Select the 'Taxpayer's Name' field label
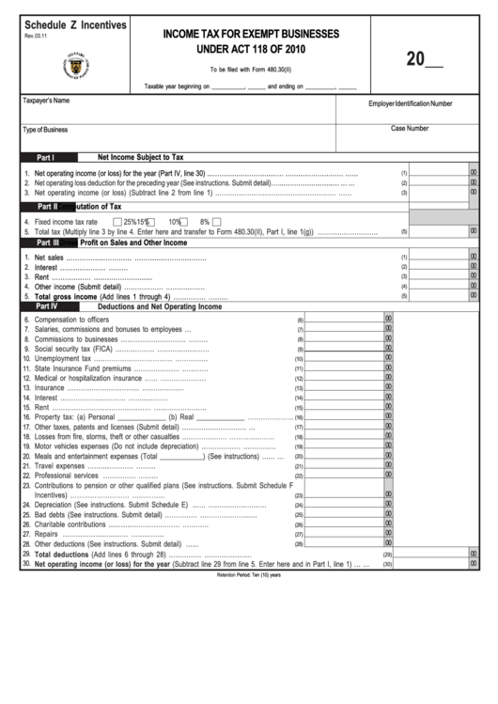[x=47, y=100]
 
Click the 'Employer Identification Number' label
[x=410, y=103]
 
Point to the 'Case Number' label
[x=410, y=129]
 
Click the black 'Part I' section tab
[x=45, y=158]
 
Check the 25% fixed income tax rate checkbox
[x=117, y=222]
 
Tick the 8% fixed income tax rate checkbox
[x=216, y=222]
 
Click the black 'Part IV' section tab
[x=46, y=306]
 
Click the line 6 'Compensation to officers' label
[x=72, y=320]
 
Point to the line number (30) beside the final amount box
[x=386, y=564]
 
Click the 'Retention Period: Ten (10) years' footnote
[x=249, y=574]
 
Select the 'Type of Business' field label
[x=45, y=130]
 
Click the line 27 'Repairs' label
[x=47, y=535]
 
